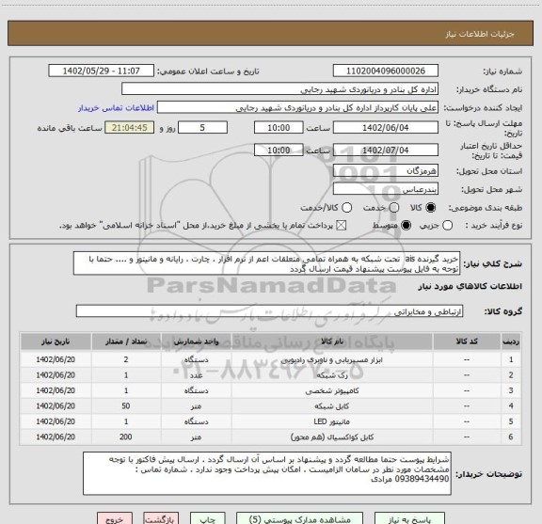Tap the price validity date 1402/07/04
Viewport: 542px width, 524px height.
coord(388,150)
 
